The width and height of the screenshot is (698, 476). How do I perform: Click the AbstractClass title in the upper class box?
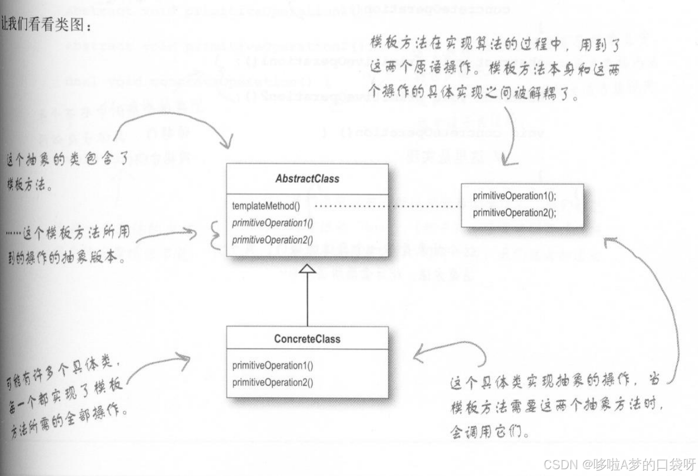tap(307, 179)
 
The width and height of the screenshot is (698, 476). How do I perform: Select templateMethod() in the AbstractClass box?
tap(266, 206)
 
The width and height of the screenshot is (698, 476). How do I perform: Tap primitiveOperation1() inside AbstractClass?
tap(272, 223)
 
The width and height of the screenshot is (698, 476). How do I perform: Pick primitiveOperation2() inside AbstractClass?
tap(272, 240)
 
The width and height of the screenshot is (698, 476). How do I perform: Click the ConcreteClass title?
tap(307, 339)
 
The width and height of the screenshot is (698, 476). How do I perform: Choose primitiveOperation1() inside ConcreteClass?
tap(272, 365)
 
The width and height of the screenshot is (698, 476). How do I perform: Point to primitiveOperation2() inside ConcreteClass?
tap(272, 382)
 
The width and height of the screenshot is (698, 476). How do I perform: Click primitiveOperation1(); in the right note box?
tap(515, 196)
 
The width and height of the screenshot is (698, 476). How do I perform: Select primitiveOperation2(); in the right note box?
tap(515, 213)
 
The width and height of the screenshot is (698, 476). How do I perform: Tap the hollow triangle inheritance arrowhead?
tap(307, 269)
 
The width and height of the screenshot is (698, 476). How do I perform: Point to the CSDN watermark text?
tap(619, 464)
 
